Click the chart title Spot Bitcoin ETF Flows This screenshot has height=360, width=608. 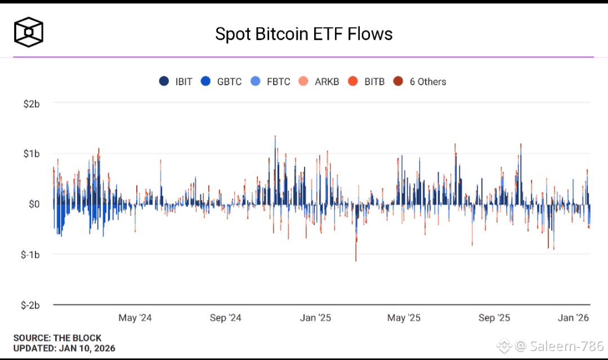(x=304, y=34)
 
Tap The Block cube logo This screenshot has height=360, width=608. (x=29, y=33)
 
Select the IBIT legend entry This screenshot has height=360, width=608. (x=176, y=82)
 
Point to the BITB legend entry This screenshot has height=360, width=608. (x=367, y=82)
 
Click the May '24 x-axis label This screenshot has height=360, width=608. (x=135, y=318)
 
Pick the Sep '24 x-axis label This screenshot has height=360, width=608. (x=225, y=318)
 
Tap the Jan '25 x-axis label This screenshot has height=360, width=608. (x=315, y=318)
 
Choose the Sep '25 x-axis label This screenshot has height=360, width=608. (x=494, y=318)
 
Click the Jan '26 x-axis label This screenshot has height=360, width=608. (x=573, y=318)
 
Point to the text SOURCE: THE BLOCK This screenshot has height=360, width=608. (x=57, y=338)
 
